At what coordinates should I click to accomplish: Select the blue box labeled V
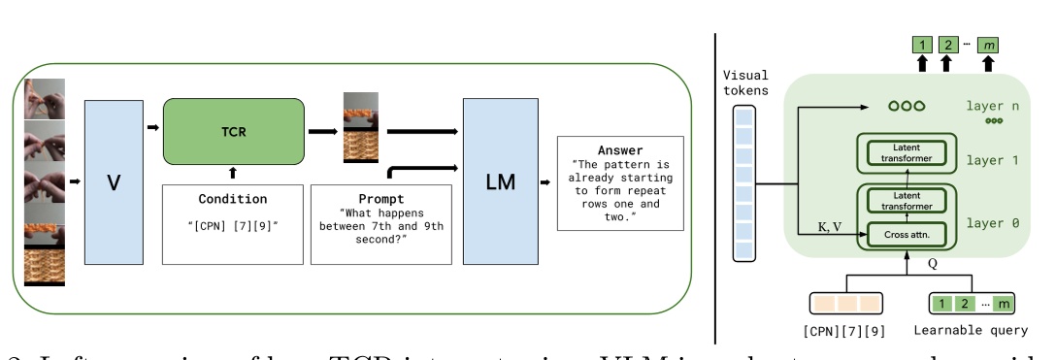tap(114, 181)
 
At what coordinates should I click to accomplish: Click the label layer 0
tap(992, 222)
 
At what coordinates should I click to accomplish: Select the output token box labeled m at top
tap(988, 45)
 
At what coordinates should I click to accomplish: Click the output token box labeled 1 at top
tap(921, 45)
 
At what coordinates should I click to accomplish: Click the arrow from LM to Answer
tap(546, 181)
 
